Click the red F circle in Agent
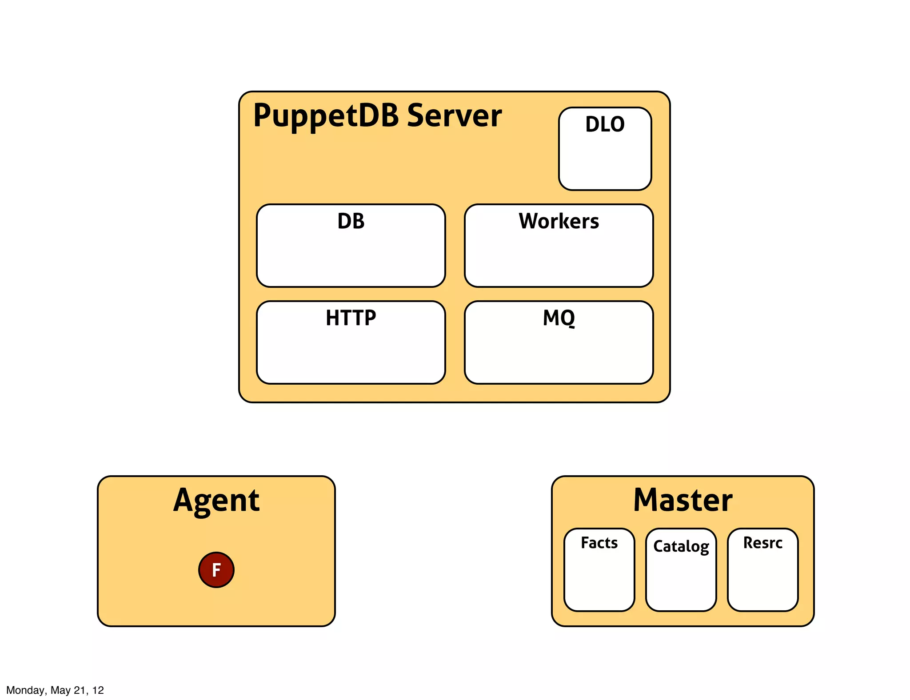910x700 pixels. pos(216,570)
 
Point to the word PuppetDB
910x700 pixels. pos(326,115)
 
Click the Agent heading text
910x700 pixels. pos(216,501)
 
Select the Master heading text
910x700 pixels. pos(682,501)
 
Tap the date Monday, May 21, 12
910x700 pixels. pos(55,690)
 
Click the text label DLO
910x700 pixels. pos(605,124)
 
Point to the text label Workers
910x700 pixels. pos(559,221)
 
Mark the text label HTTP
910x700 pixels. pos(351,318)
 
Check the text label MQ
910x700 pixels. pos(559,318)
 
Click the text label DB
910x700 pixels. pos(351,221)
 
